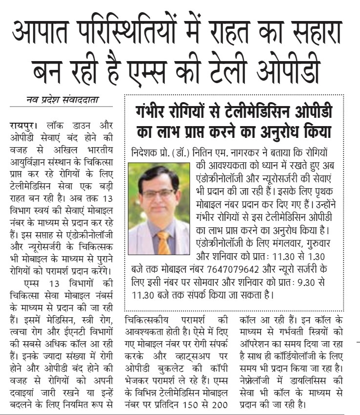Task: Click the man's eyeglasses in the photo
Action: pyautogui.click(x=158, y=193)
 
